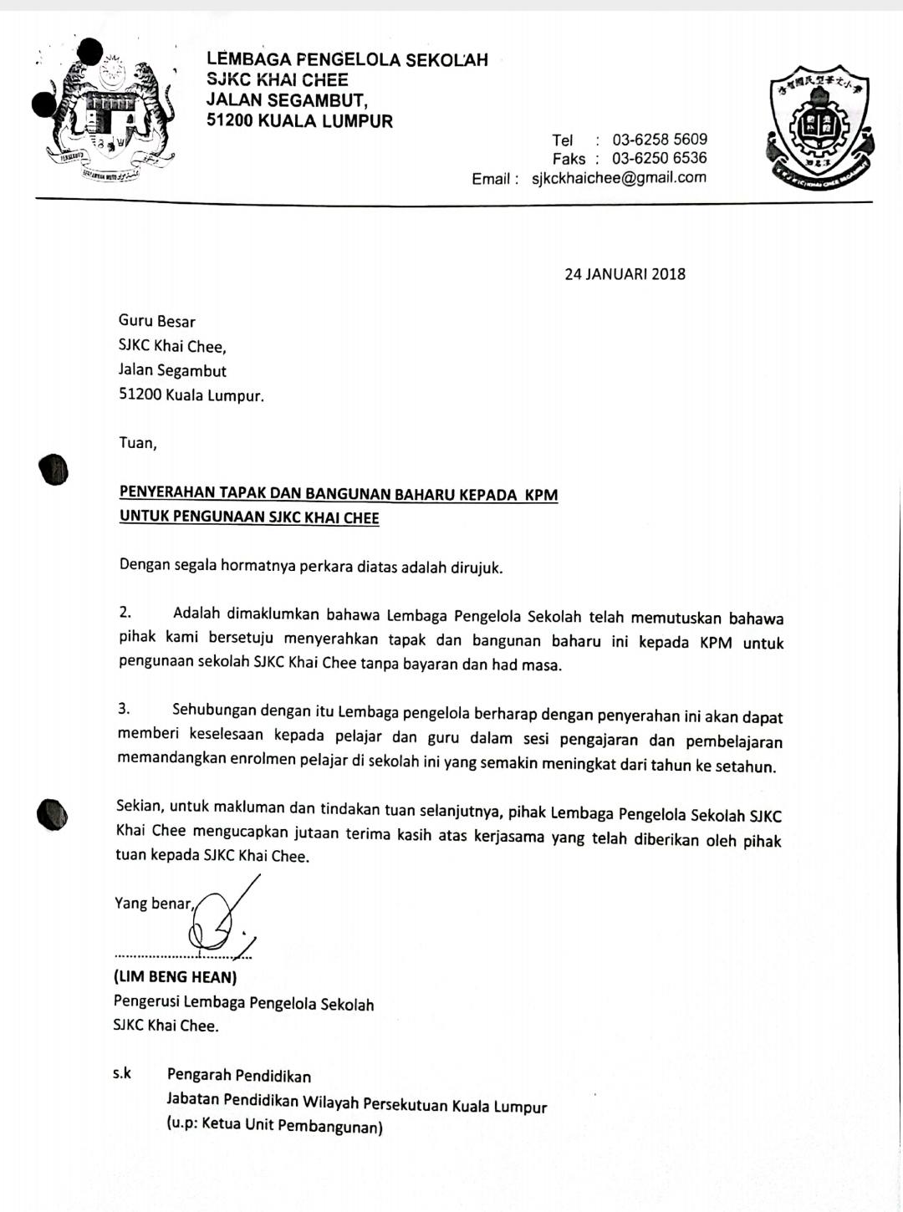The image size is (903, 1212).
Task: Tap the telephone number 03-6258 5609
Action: click(x=660, y=140)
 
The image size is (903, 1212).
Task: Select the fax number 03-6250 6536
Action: click(x=660, y=158)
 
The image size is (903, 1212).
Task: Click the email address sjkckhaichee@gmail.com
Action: click(x=619, y=177)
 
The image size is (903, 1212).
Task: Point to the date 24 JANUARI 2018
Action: click(x=625, y=274)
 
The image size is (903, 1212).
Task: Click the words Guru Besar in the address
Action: click(x=157, y=322)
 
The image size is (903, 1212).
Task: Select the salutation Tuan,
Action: click(x=138, y=443)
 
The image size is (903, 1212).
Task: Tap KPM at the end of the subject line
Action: click(x=541, y=494)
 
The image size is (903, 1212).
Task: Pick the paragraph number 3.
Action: click(x=124, y=710)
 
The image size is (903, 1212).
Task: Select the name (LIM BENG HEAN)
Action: click(x=176, y=976)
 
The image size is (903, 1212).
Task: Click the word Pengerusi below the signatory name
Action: click(x=146, y=1003)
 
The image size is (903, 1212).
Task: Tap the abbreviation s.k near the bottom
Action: click(x=122, y=1073)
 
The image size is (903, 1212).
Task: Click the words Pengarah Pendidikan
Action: click(x=239, y=1076)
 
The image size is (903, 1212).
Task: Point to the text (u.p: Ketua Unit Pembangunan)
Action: click(x=274, y=1126)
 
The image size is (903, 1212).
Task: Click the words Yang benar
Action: click(x=153, y=904)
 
